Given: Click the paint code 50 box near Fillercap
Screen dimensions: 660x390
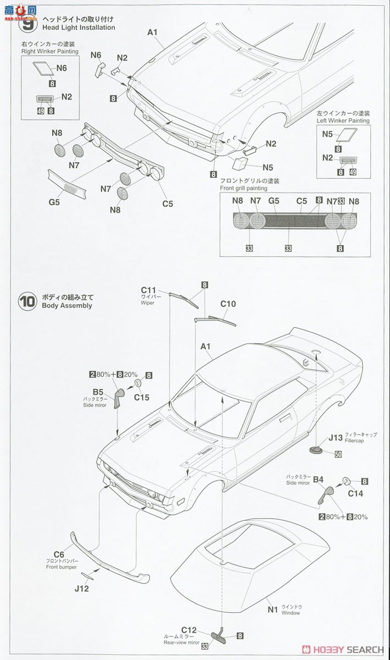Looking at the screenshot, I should tap(338, 454).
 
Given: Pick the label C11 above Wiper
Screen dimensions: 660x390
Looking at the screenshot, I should tap(149, 290).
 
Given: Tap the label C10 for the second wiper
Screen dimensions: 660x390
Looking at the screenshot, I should tap(228, 304).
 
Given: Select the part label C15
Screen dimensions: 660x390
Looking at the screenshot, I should tap(142, 396).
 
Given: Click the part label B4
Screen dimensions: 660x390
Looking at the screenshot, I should tap(318, 480).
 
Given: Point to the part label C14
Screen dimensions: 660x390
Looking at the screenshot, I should tap(355, 493).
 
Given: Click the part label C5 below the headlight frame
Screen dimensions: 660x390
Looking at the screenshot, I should tap(168, 204).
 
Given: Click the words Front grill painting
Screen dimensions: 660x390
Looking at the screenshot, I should tap(243, 188).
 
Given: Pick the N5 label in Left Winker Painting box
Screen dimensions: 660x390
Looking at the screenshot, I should tap(327, 133).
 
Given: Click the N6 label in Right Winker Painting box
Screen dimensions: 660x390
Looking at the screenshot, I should tap(61, 68).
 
